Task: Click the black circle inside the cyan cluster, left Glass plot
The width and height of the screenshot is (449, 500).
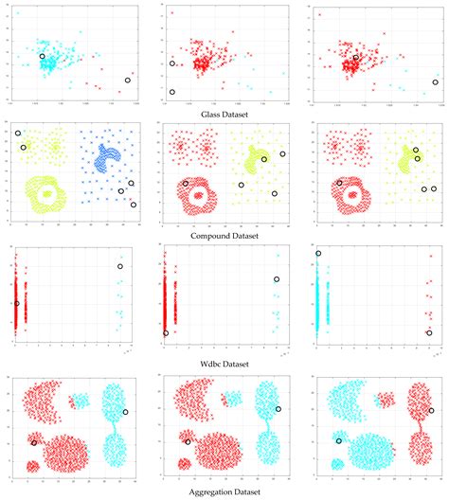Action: pos(43,57)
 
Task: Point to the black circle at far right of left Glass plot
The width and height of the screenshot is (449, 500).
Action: pos(128,80)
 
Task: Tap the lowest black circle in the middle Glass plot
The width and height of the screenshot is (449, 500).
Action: pos(172,92)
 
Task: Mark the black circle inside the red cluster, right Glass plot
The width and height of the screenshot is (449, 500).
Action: pos(355,58)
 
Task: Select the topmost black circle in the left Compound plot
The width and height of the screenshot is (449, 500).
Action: pos(18,134)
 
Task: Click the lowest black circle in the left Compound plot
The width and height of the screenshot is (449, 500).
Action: pos(134,205)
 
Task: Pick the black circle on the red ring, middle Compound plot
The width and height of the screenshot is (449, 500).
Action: pos(186,184)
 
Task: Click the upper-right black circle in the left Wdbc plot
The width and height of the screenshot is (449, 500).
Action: pos(120,267)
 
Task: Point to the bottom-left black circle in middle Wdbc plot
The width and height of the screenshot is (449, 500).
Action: pos(166,333)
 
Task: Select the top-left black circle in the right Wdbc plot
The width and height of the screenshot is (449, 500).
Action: pos(318,254)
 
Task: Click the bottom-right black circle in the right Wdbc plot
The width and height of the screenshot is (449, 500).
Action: pos(431,333)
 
